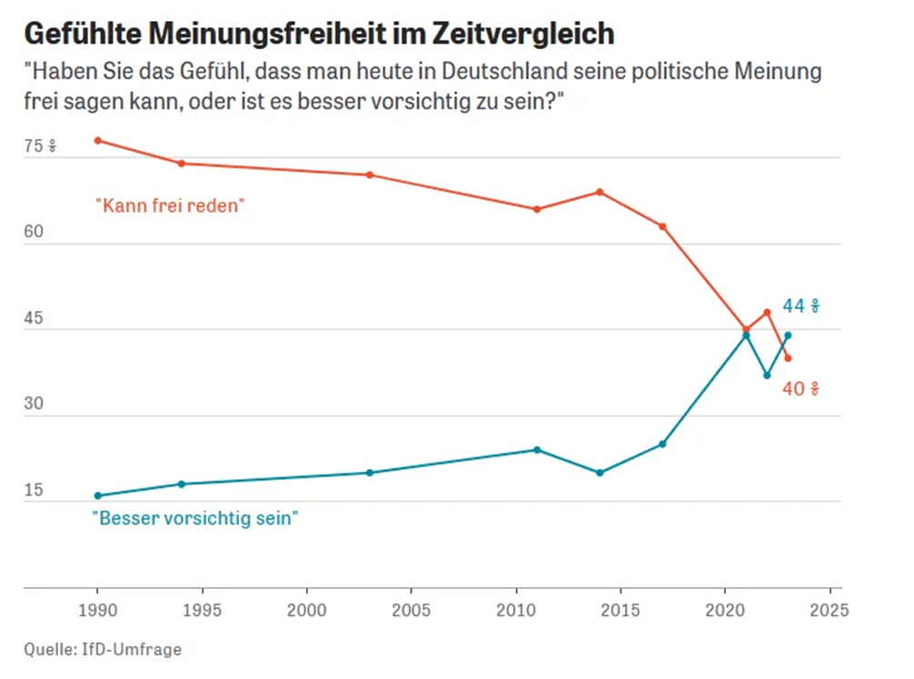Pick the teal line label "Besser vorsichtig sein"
196,519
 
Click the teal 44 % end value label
801,305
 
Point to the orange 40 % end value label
801,389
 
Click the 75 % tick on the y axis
40,146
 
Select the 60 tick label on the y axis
35,233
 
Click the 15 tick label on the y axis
35,492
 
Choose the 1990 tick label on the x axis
97,609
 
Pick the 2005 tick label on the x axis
411,609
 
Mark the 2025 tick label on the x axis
829,609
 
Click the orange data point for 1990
97,140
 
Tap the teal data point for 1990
97,495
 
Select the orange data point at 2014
600,192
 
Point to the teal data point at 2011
537,450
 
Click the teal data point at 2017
662,444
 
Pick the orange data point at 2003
370,175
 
